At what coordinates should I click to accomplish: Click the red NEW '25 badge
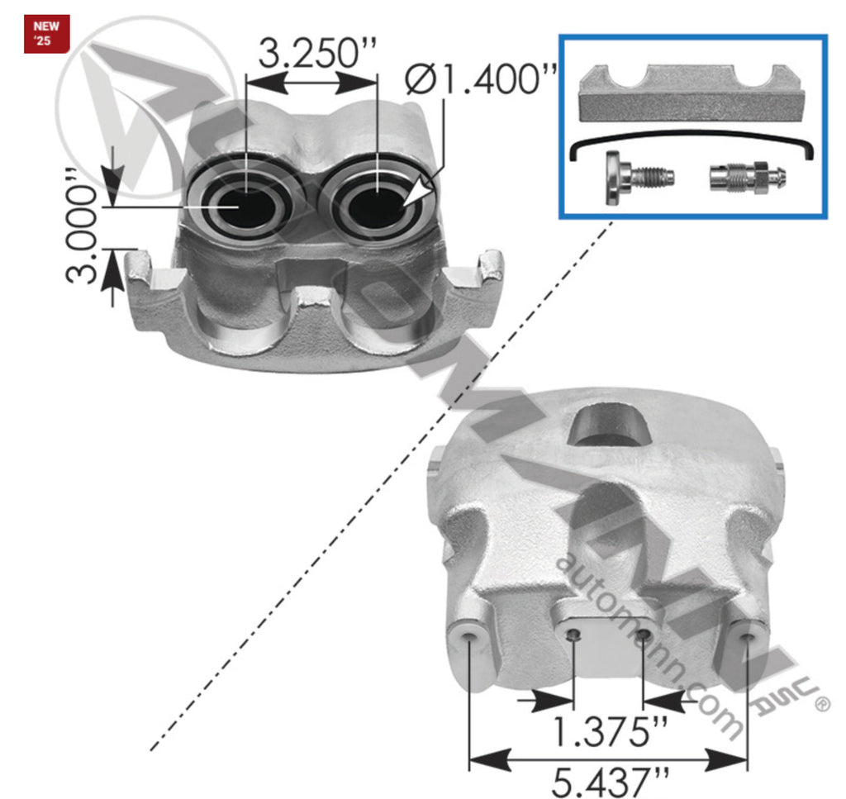coord(46,34)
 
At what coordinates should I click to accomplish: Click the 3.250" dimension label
coord(317,55)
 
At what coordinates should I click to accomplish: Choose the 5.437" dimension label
coord(609,780)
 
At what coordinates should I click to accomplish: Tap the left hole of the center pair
coord(573,634)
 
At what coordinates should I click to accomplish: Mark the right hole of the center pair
coord(643,634)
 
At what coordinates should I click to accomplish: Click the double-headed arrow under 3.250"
coord(311,81)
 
